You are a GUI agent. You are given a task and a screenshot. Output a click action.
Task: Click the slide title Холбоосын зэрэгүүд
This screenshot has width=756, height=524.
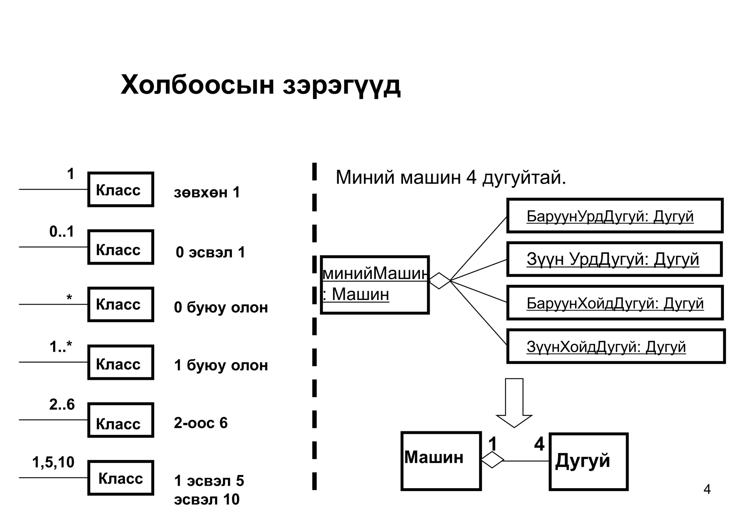(260, 85)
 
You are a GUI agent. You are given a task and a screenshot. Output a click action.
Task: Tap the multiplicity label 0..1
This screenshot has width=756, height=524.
(62, 232)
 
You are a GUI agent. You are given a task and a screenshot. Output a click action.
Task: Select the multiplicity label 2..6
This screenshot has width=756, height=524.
(62, 405)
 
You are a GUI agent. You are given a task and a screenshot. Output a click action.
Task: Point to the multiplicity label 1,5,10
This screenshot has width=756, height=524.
(53, 463)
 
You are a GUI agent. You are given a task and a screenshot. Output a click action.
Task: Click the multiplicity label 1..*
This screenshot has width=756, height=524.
(61, 347)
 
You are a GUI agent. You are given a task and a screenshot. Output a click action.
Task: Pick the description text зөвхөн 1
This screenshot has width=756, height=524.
(207, 193)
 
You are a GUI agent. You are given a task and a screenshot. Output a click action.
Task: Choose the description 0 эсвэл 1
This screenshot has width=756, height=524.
(210, 253)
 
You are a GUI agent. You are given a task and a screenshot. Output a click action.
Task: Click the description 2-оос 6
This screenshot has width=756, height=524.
(201, 423)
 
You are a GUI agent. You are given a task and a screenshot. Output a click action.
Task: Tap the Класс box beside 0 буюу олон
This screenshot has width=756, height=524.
(120, 304)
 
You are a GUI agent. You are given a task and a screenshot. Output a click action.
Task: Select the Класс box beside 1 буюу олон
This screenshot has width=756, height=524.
(120, 363)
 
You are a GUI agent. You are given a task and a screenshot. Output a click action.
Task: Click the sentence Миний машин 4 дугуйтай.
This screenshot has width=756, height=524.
(451, 178)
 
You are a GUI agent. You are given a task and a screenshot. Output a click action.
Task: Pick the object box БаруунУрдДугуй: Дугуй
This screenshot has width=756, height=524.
(615, 216)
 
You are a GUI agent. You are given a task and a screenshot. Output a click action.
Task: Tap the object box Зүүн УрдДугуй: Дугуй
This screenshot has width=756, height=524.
(614, 259)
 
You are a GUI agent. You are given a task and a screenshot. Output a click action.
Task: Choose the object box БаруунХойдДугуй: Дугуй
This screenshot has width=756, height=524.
(615, 303)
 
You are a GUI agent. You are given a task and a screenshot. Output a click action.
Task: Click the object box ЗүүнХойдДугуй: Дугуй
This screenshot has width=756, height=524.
(616, 346)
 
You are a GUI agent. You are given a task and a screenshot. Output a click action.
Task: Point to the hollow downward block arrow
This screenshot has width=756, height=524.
(514, 403)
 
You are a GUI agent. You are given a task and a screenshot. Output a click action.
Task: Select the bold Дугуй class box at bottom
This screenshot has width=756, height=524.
(588, 462)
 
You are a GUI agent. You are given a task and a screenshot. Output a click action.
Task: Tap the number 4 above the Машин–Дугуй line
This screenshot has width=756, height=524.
(539, 444)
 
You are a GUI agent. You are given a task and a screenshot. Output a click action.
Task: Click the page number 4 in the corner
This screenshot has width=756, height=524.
(707, 490)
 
